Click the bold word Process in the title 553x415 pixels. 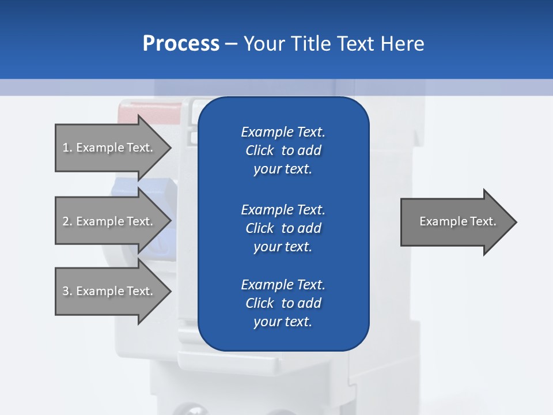(x=181, y=44)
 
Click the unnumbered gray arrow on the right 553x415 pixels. (x=455, y=222)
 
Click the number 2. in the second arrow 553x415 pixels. (x=67, y=221)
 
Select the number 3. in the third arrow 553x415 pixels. (x=67, y=291)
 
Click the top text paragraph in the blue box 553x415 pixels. (x=283, y=150)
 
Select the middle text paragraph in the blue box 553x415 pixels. (x=283, y=228)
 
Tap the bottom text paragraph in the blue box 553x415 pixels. (x=283, y=303)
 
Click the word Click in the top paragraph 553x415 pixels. (x=260, y=150)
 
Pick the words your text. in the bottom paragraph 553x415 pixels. (x=283, y=322)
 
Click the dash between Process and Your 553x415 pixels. (x=231, y=44)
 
